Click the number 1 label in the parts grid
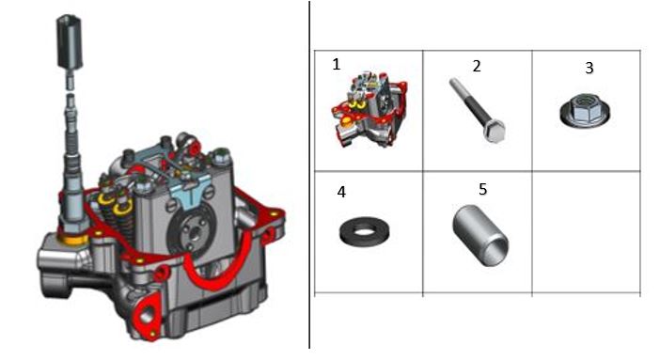point(336,65)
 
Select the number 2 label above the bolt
point(477,66)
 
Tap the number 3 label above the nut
point(589,68)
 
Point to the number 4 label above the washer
point(341,192)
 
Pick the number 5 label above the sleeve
point(483,190)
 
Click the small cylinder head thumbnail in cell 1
point(369,109)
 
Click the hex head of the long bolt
point(495,132)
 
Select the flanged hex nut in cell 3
point(585,110)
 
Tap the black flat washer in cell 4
point(365,231)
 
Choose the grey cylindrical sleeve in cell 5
point(480,235)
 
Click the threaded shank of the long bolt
point(468,102)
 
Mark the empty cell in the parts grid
point(586,231)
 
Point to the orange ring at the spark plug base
point(73,240)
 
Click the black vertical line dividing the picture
point(309,175)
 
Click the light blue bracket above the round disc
point(190,192)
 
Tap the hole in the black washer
point(365,230)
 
